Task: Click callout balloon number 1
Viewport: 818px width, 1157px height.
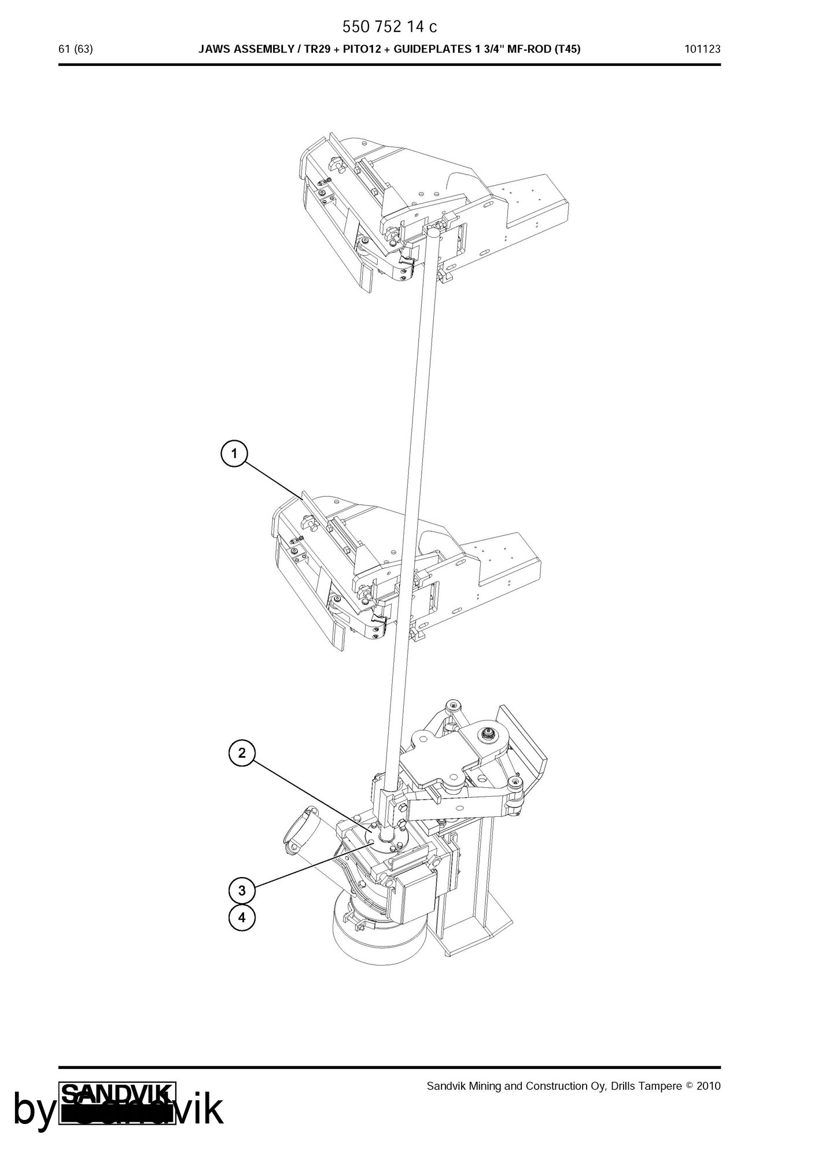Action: [234, 454]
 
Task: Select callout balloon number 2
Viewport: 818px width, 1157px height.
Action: [242, 753]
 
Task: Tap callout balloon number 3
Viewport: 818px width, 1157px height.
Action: [242, 890]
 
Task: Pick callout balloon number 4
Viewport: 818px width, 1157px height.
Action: [242, 918]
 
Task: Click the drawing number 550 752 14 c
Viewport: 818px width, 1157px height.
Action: [390, 27]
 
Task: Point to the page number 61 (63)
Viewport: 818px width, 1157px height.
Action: [76, 49]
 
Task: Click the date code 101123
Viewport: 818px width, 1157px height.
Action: [702, 49]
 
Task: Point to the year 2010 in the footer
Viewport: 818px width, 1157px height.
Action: [709, 1086]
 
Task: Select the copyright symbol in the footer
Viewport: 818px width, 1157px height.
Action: [689, 1086]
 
